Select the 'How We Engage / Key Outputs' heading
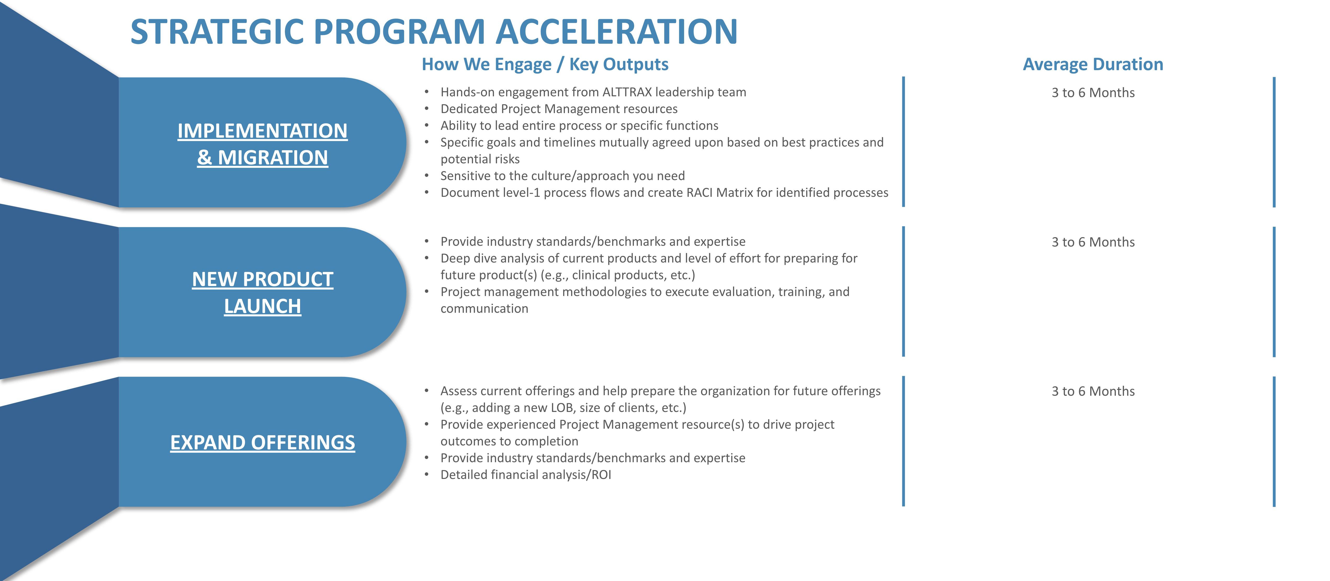pos(545,65)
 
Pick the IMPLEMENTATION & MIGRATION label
pos(262,144)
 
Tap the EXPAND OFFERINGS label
pos(262,443)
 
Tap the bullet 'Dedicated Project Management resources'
pos(559,109)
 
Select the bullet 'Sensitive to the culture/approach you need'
pos(562,176)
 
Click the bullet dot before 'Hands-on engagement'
pos(426,92)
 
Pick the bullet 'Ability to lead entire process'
pos(579,126)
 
